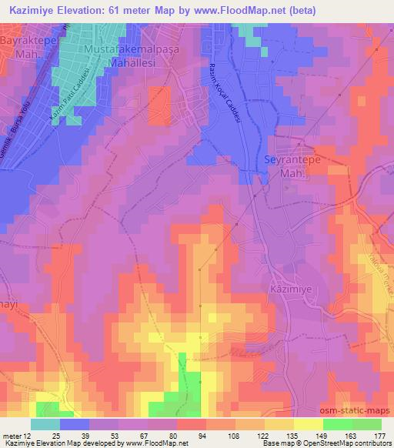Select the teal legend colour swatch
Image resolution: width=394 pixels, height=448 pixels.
click(x=45, y=425)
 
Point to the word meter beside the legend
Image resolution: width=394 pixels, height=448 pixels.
click(x=11, y=436)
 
